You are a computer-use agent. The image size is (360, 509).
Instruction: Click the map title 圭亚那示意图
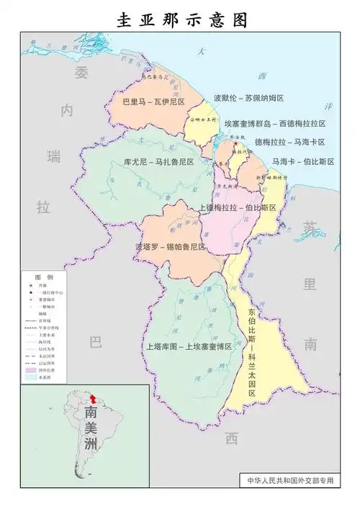[x=180, y=19]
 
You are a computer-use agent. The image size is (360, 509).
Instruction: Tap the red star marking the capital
[x=234, y=143]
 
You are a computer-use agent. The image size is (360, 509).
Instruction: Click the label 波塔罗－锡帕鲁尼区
[x=170, y=247]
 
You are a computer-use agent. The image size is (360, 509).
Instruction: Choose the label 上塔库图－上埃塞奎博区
[x=189, y=346]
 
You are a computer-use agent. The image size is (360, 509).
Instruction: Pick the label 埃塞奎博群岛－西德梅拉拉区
[x=274, y=123]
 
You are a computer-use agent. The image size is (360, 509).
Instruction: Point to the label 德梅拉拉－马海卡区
[x=289, y=143]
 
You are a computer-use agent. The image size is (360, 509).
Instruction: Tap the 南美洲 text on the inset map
[x=91, y=430]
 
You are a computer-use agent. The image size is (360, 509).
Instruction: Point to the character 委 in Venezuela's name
[x=81, y=73]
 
